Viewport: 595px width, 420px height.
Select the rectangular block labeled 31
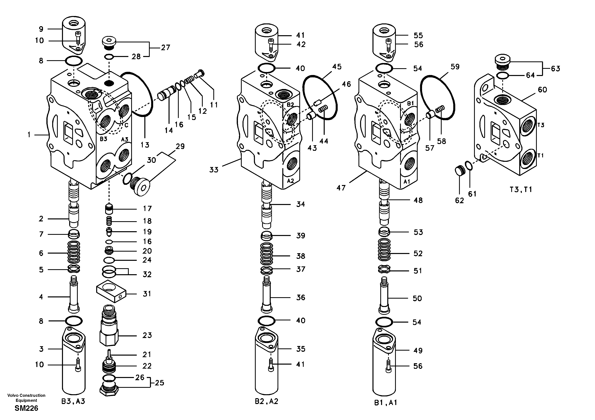click(111, 291)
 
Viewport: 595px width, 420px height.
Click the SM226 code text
click(26, 408)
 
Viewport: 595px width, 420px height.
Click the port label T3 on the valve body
click(541, 125)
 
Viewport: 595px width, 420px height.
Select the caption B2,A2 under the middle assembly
click(266, 401)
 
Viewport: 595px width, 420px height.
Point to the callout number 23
click(147, 335)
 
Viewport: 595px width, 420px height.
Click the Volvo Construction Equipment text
click(26, 397)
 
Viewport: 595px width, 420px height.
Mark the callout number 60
click(542, 90)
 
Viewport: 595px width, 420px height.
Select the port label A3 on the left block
click(125, 139)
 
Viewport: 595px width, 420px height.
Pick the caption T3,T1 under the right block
click(521, 190)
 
